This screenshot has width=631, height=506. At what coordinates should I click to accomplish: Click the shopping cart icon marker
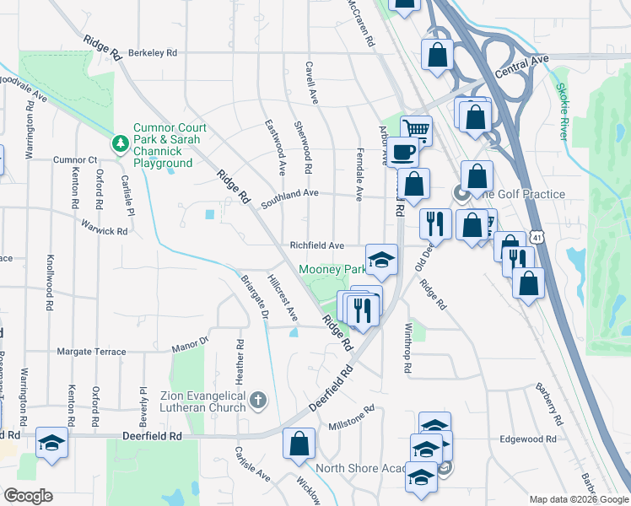(416, 129)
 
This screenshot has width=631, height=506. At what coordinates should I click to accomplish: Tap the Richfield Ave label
(316, 245)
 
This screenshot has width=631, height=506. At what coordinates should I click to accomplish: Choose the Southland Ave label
(289, 194)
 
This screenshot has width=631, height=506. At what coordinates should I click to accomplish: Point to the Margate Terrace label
(91, 352)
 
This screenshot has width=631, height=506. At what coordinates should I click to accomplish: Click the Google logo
(28, 496)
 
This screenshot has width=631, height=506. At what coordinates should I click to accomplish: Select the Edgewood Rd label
(529, 439)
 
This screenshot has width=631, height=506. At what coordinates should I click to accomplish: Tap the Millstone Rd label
(351, 417)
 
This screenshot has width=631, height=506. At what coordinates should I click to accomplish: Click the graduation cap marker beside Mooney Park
(381, 258)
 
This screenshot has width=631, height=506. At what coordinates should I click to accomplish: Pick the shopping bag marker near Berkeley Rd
(438, 56)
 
